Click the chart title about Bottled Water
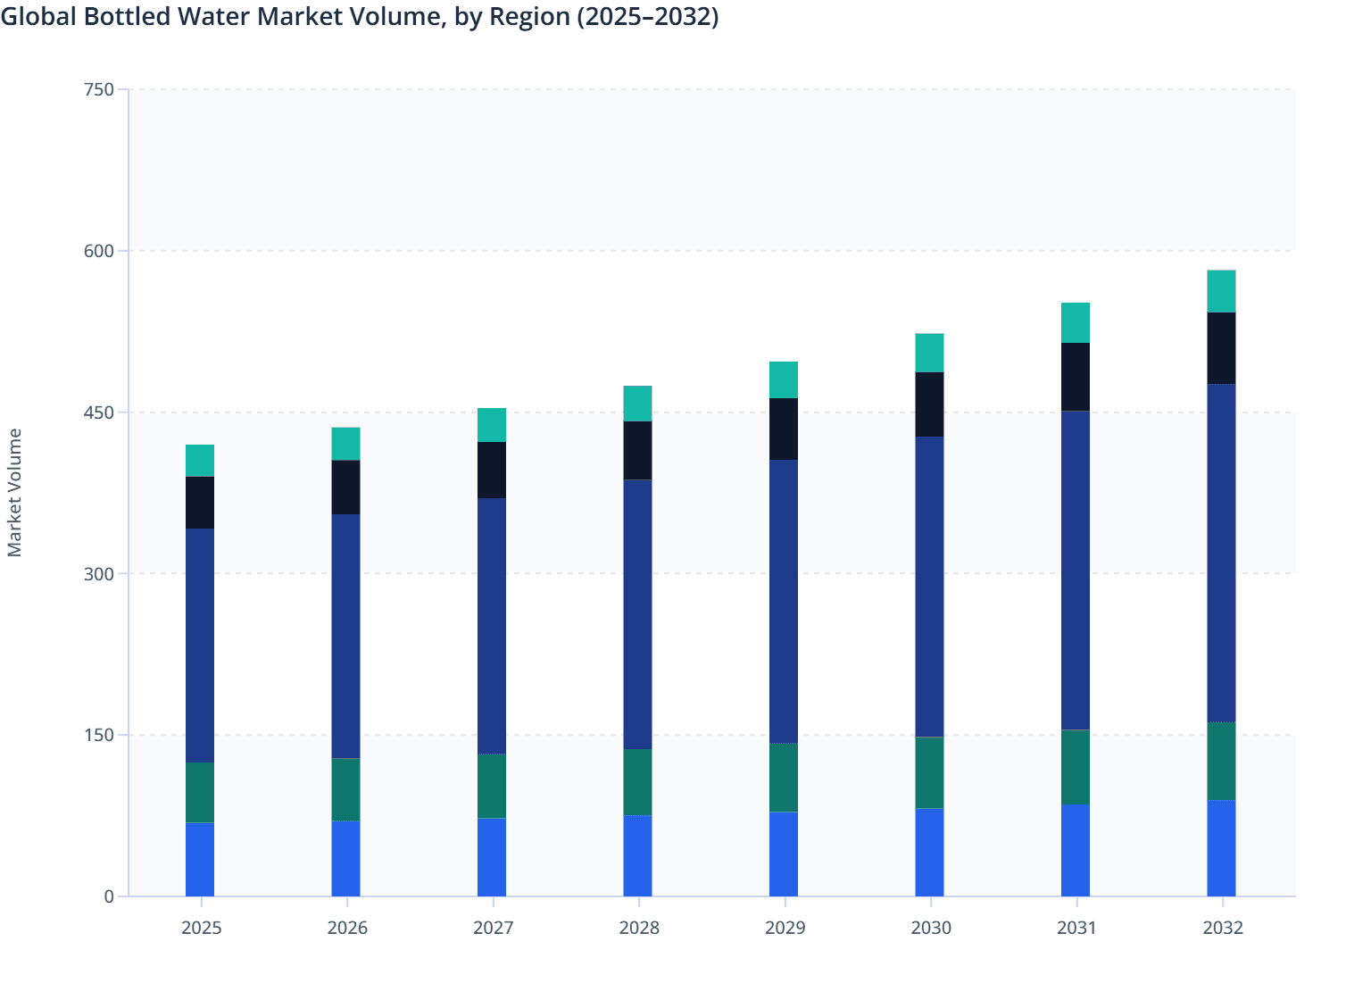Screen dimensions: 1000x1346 pos(359,17)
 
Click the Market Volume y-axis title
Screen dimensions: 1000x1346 pos(15,493)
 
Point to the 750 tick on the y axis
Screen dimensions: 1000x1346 pos(98,89)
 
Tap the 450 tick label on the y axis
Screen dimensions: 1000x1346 pos(98,412)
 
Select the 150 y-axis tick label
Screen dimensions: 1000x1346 pos(98,735)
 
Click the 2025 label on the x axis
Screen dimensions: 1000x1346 pos(201,928)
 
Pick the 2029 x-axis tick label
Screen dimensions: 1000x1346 pos(785,928)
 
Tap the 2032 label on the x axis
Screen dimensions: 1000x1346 pos(1222,928)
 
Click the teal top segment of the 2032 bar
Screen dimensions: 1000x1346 pos(1221,291)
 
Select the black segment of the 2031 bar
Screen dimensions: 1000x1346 pos(1075,377)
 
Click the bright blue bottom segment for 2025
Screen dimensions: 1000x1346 pos(200,859)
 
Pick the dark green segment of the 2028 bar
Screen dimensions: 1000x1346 pos(637,782)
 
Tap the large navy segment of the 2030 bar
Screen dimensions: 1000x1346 pos(929,587)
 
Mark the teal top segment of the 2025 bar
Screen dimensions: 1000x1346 pos(200,461)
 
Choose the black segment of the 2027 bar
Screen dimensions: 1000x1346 pos(492,470)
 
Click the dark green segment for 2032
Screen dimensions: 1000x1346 pos(1221,761)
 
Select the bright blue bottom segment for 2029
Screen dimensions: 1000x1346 pos(784,854)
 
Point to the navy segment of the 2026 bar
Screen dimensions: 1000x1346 pos(345,636)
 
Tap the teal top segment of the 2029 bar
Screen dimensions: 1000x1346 pos(784,379)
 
